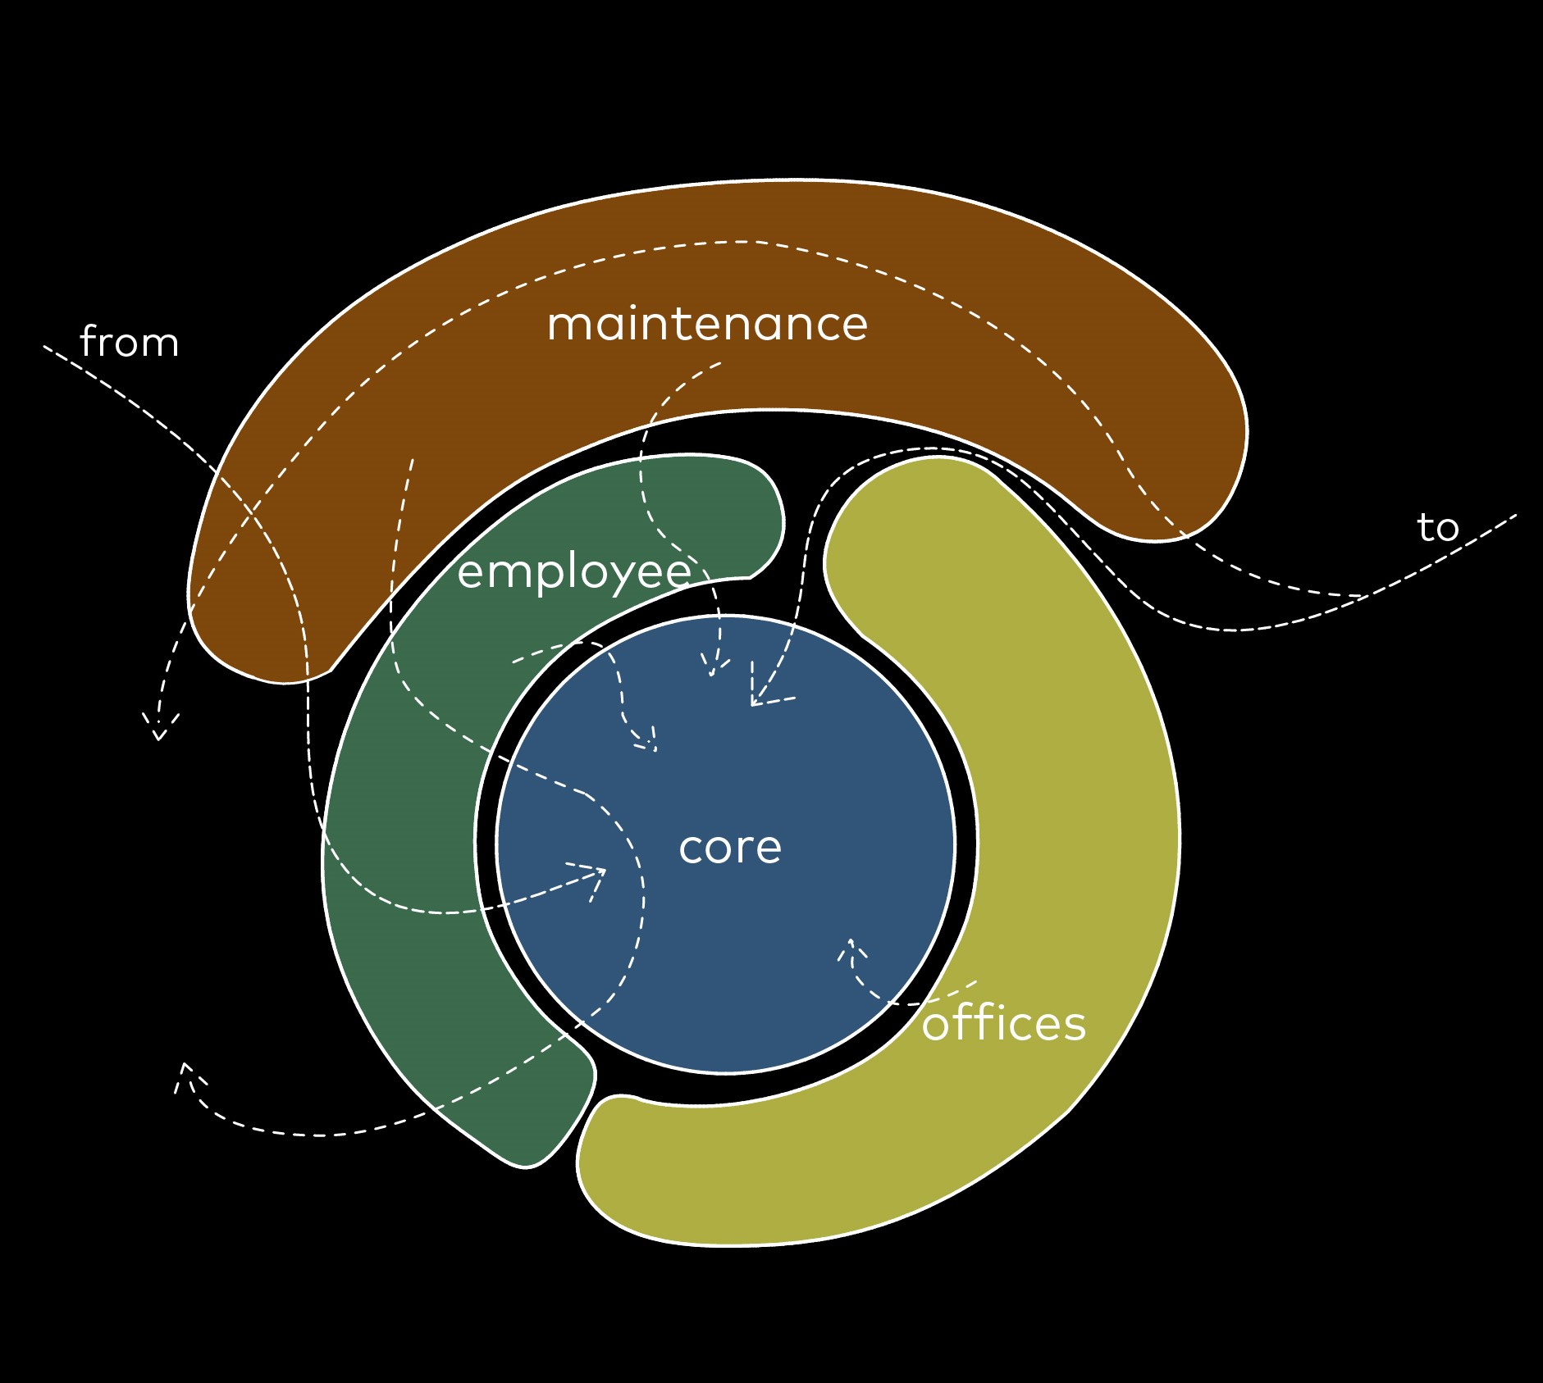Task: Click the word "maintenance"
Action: click(707, 324)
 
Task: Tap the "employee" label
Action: click(573, 571)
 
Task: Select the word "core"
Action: click(730, 847)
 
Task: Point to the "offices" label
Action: click(1003, 1023)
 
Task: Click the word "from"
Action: click(130, 342)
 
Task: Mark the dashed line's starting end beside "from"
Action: click(45, 347)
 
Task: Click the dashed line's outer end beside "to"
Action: click(1515, 516)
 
